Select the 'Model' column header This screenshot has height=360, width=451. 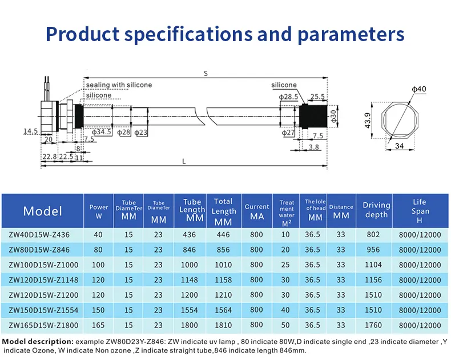click(x=43, y=211)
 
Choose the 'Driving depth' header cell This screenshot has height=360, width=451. click(x=376, y=210)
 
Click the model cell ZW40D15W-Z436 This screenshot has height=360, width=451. click(x=43, y=235)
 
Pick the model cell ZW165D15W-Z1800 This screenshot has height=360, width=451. click(x=43, y=325)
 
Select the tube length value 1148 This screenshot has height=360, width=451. click(x=192, y=280)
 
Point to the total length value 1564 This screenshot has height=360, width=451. click(x=223, y=310)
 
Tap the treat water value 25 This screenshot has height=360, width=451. click(x=287, y=265)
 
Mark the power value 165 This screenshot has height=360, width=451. click(x=99, y=325)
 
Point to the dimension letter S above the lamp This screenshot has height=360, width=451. click(x=204, y=73)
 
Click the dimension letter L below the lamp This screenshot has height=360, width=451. click(x=184, y=162)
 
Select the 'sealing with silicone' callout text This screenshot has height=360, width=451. click(x=119, y=85)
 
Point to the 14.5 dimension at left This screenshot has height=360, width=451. click(x=30, y=131)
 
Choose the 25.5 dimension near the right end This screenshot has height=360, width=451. click(x=317, y=97)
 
